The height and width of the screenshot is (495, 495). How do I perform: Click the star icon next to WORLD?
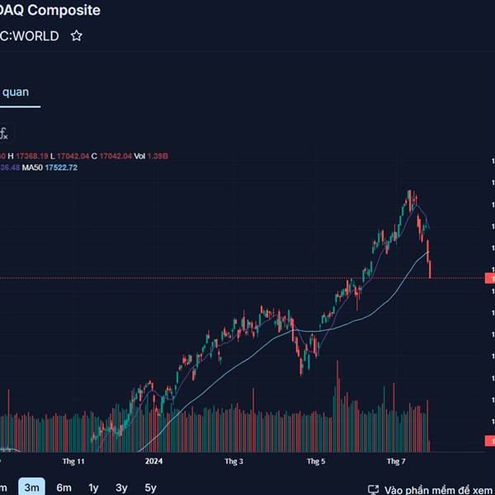coord(77,35)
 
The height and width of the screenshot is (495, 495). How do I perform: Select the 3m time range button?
coord(32,488)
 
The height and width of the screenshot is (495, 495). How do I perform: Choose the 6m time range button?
coord(64,488)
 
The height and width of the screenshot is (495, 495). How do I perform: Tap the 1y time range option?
coord(93,488)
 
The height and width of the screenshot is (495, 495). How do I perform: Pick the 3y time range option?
coord(121,488)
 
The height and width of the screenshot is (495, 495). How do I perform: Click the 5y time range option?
coord(150,488)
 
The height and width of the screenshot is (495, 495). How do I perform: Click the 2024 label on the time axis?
coord(154,461)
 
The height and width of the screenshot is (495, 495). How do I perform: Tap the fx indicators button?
coord(4,133)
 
